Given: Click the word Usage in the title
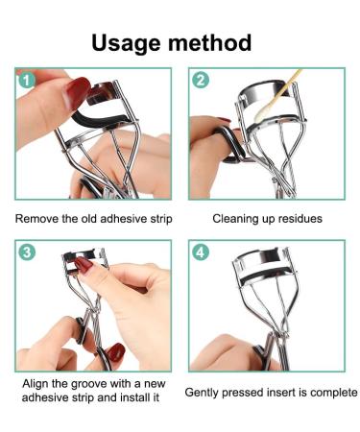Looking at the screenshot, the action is pyautogui.click(x=126, y=43).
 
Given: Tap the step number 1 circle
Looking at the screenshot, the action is pyautogui.click(x=27, y=81).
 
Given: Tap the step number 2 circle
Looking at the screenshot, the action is pyautogui.click(x=201, y=81).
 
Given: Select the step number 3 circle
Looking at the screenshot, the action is pyautogui.click(x=27, y=252).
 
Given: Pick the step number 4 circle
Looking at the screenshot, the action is pyautogui.click(x=201, y=252).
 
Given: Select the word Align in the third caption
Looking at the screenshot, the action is pyautogui.click(x=34, y=384).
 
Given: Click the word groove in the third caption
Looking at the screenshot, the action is pyautogui.click(x=88, y=384).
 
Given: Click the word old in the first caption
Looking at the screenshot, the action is pyautogui.click(x=89, y=219).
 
